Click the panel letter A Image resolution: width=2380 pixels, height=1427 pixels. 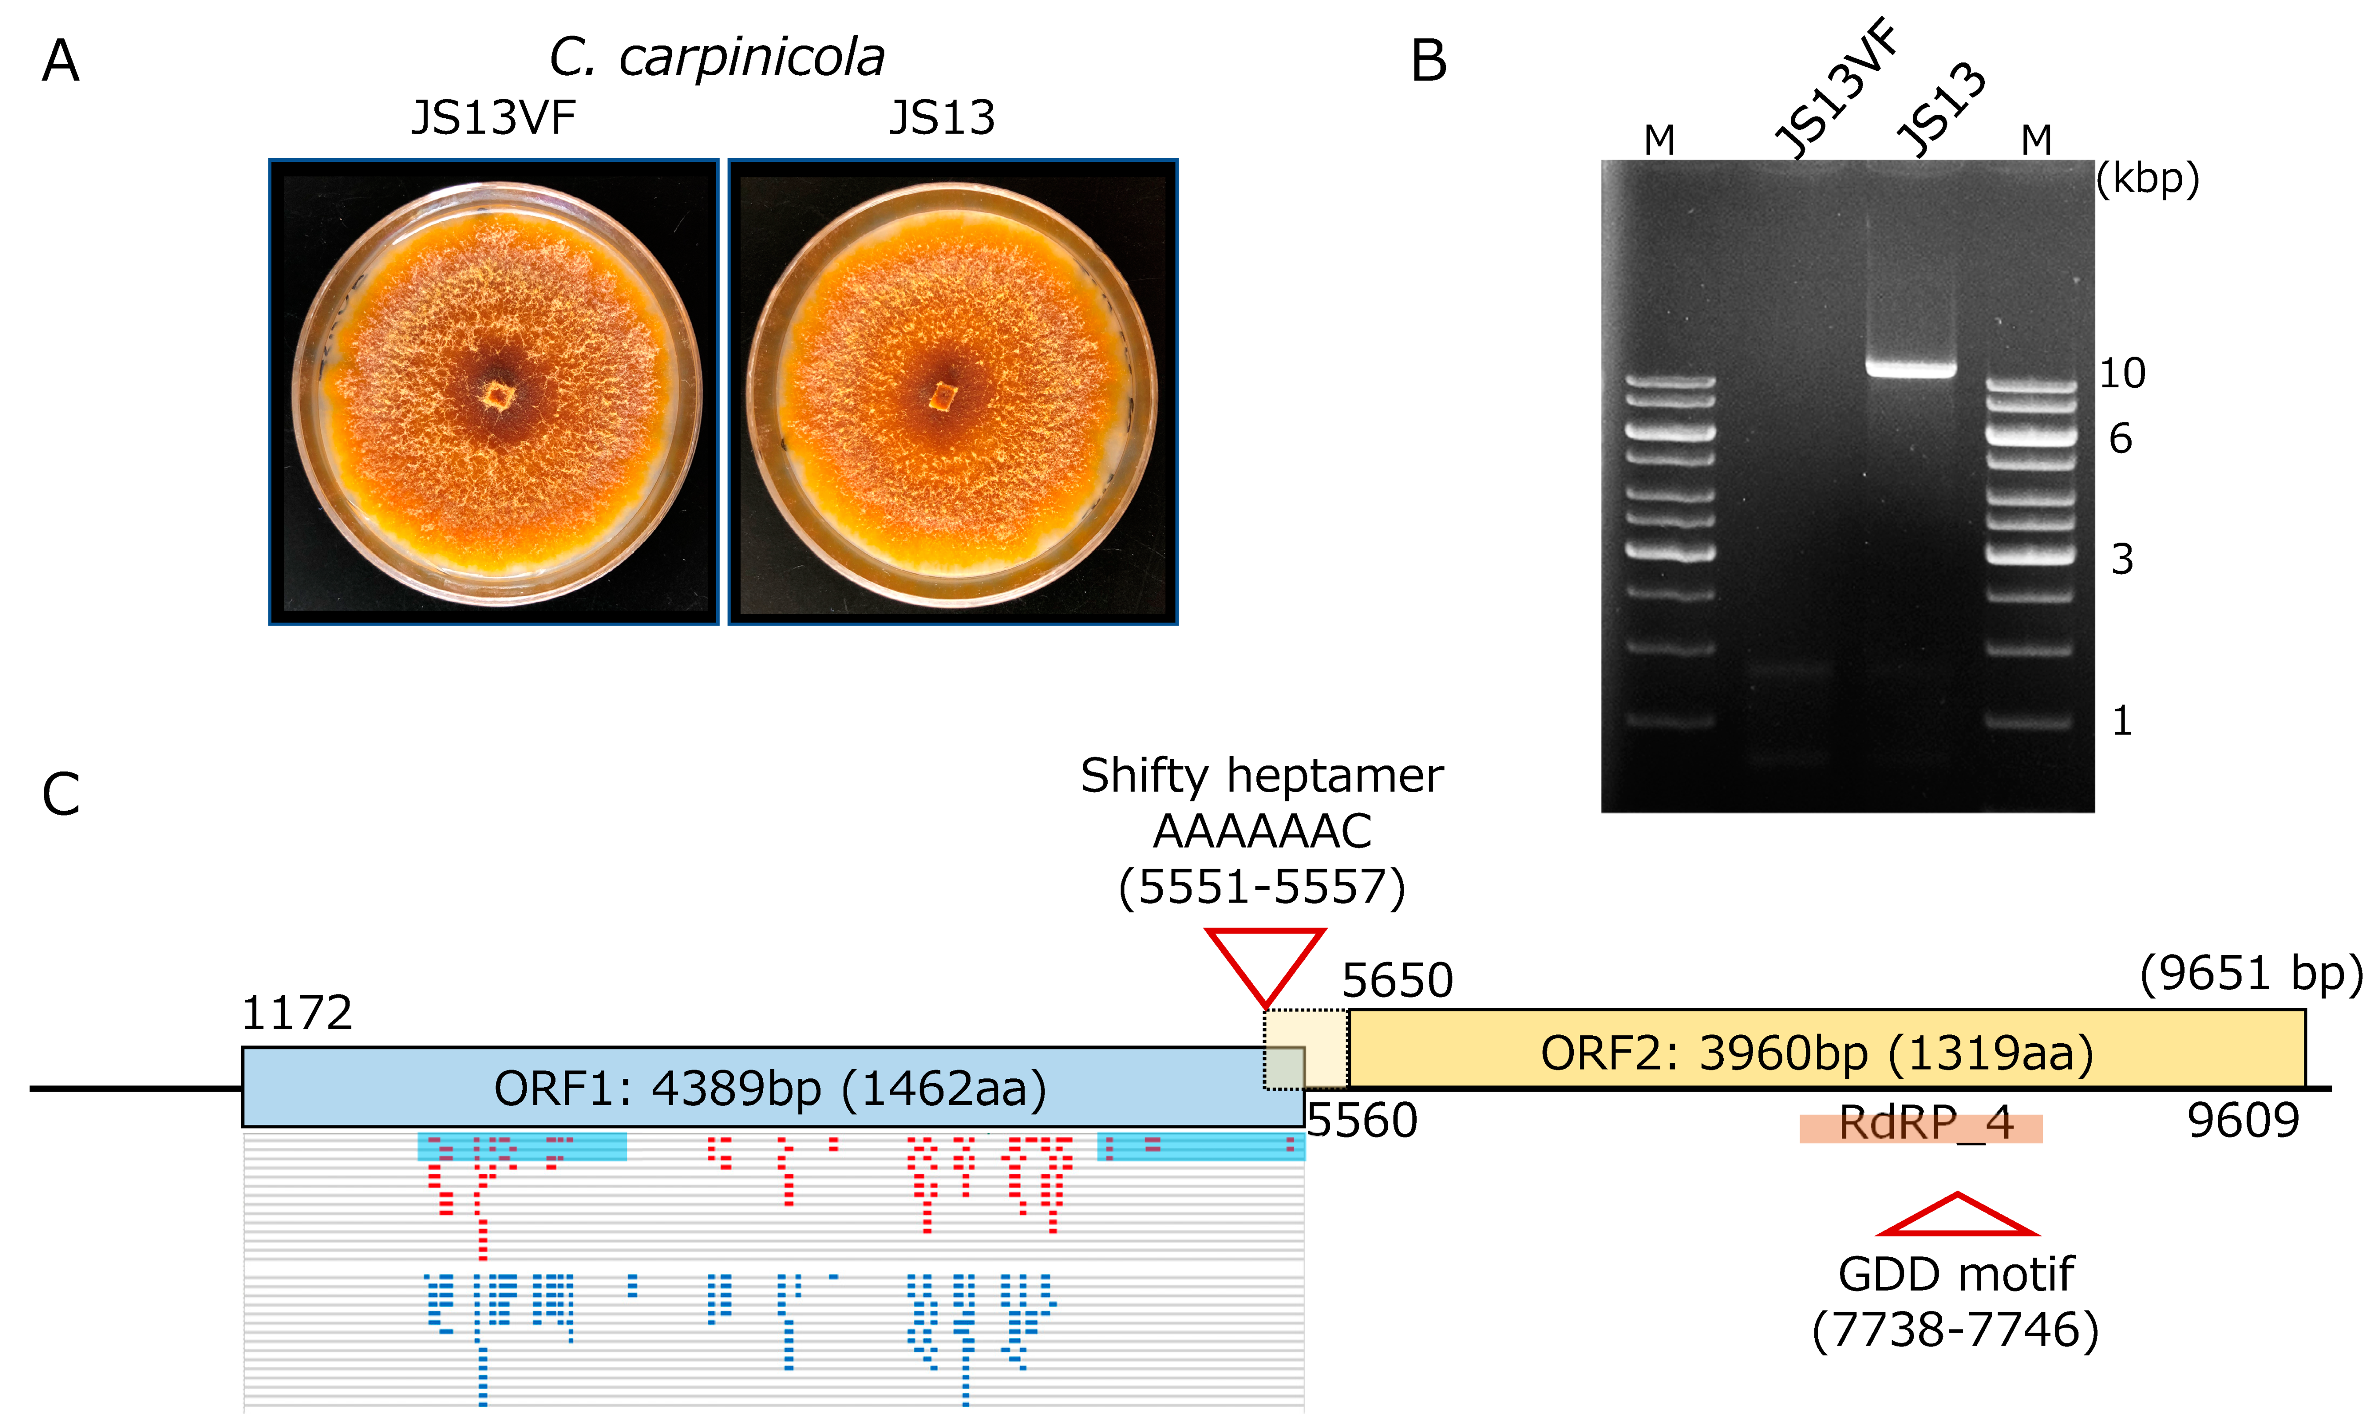[x=61, y=62]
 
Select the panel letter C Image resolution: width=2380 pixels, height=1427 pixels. [x=61, y=794]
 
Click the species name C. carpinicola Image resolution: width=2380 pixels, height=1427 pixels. [x=717, y=58]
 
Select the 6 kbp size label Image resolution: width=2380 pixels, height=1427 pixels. [x=2120, y=440]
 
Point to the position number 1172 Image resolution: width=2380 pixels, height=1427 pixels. [x=297, y=1013]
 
